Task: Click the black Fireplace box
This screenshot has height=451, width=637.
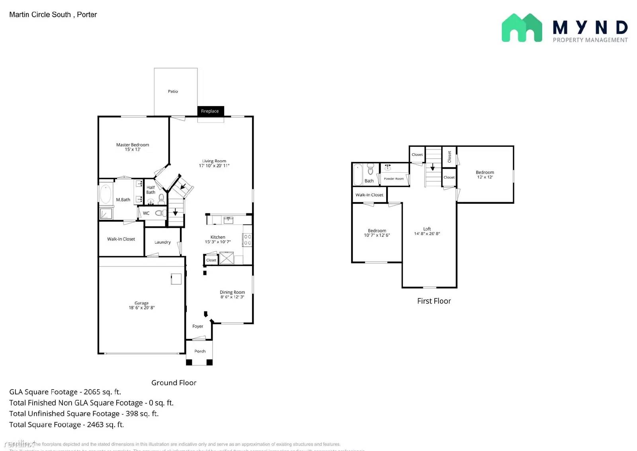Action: pyautogui.click(x=210, y=111)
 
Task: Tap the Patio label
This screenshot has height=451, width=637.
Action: pyautogui.click(x=173, y=91)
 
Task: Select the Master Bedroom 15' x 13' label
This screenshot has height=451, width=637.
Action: pyautogui.click(x=133, y=147)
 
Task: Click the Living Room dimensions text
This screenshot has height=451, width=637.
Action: pyautogui.click(x=214, y=166)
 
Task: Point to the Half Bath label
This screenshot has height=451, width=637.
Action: pyautogui.click(x=150, y=190)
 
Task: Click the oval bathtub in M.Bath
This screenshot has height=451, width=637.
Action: pyautogui.click(x=106, y=194)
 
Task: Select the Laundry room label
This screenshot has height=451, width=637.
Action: pyautogui.click(x=162, y=242)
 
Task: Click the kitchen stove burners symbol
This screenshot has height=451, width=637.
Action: pyautogui.click(x=247, y=240)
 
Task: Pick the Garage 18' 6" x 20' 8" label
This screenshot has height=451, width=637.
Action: pyautogui.click(x=141, y=305)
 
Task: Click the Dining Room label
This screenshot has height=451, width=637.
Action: pyautogui.click(x=232, y=292)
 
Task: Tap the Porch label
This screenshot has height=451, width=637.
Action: pyautogui.click(x=200, y=351)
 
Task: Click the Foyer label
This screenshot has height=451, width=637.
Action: pyautogui.click(x=197, y=326)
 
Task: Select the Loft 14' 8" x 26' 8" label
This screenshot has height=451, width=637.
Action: pyautogui.click(x=427, y=231)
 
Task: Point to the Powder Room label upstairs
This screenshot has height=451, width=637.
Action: pyautogui.click(x=394, y=179)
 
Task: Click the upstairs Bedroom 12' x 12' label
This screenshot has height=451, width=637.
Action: pyautogui.click(x=485, y=175)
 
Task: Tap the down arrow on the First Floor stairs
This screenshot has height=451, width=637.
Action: pyautogui.click(x=433, y=166)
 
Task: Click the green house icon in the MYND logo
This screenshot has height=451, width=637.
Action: pyautogui.click(x=522, y=28)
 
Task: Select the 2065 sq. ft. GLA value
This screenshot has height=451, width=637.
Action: pyautogui.click(x=102, y=392)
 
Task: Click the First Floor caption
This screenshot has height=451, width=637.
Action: pyautogui.click(x=434, y=301)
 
